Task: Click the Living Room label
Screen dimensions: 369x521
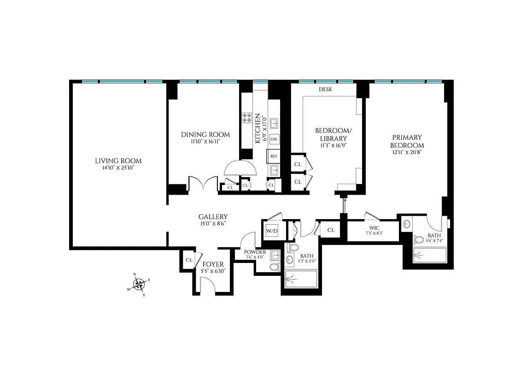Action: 118,161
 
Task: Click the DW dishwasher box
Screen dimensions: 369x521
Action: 274,139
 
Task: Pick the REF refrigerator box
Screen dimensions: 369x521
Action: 274,156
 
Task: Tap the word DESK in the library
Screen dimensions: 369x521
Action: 325,89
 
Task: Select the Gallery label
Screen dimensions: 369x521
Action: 213,216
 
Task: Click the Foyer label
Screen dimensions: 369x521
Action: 213,264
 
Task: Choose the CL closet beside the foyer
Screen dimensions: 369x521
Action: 189,260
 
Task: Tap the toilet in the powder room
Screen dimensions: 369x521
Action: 274,267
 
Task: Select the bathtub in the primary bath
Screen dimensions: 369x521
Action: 430,255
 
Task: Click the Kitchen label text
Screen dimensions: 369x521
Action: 258,129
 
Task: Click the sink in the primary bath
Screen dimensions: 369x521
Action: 407,225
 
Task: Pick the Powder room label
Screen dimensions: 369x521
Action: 255,252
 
